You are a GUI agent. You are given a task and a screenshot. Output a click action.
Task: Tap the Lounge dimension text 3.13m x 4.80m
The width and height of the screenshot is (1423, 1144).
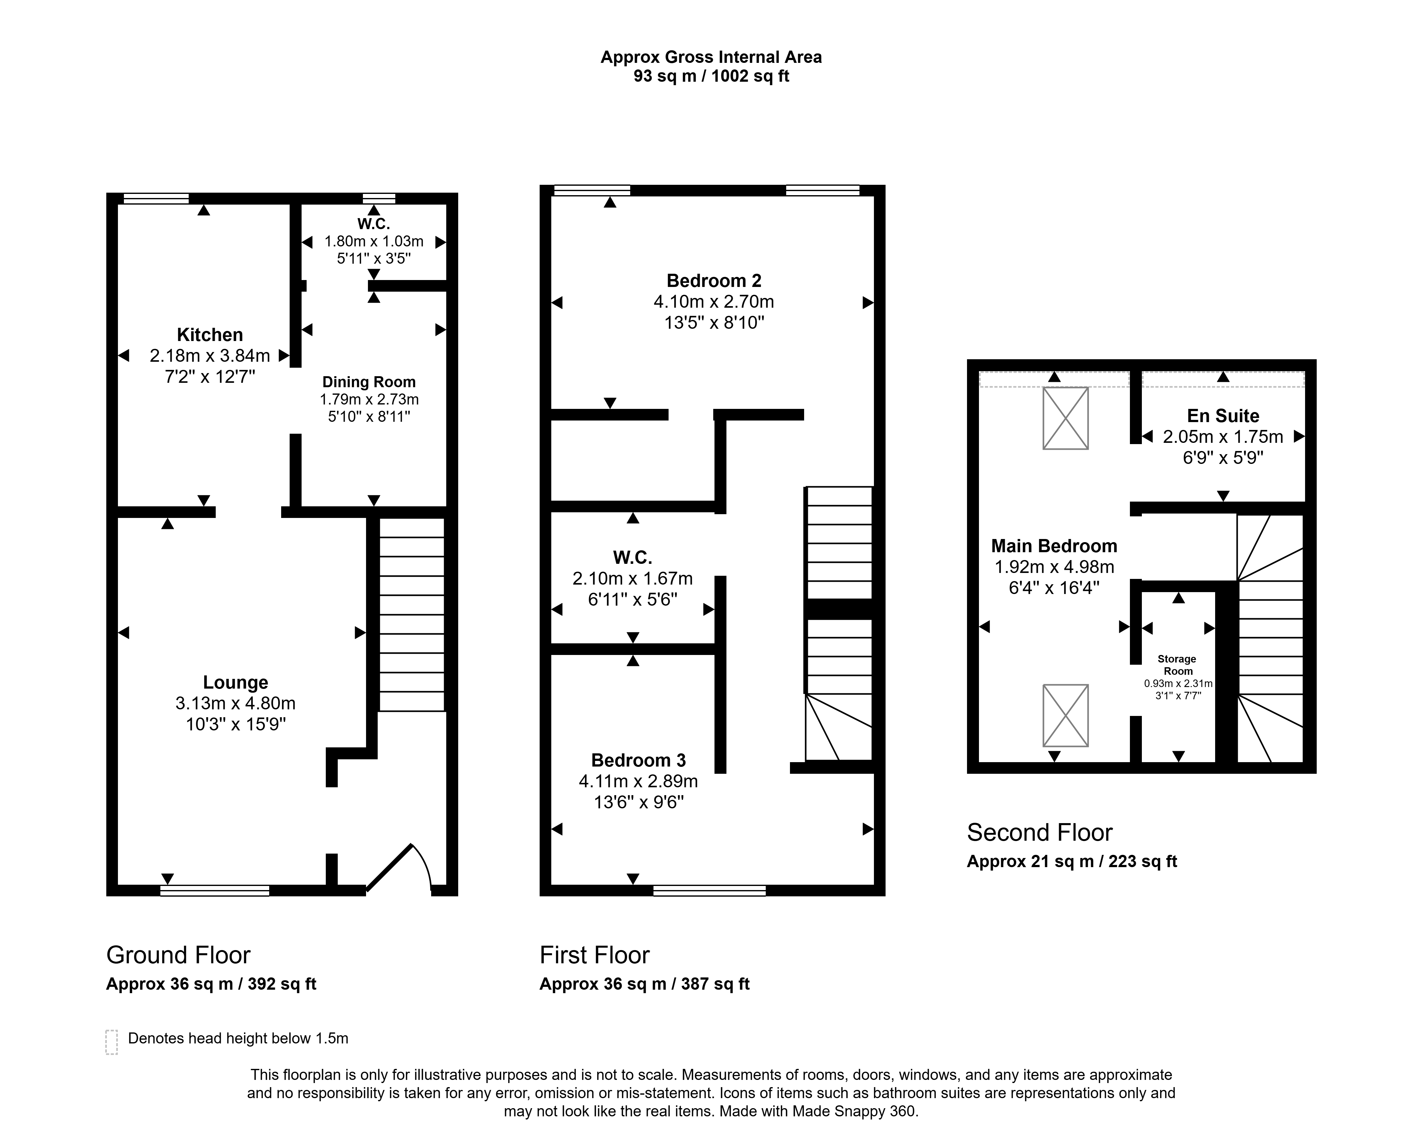236,703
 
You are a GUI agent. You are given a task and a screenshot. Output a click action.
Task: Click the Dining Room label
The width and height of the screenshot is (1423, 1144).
369,382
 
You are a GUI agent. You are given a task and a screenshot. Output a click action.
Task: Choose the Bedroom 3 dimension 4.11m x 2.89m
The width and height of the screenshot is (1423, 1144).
638,781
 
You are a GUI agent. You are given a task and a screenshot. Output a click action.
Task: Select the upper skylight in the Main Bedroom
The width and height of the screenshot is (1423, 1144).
1065,418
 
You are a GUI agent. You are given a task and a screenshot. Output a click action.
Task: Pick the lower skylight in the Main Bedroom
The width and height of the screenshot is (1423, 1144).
1065,715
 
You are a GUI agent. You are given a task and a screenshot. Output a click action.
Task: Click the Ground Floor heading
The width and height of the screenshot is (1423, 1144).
178,955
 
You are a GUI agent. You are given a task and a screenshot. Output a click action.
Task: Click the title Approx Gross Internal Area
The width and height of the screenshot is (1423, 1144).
711,58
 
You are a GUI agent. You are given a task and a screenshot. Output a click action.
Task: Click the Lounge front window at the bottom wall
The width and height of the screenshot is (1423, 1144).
214,891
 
